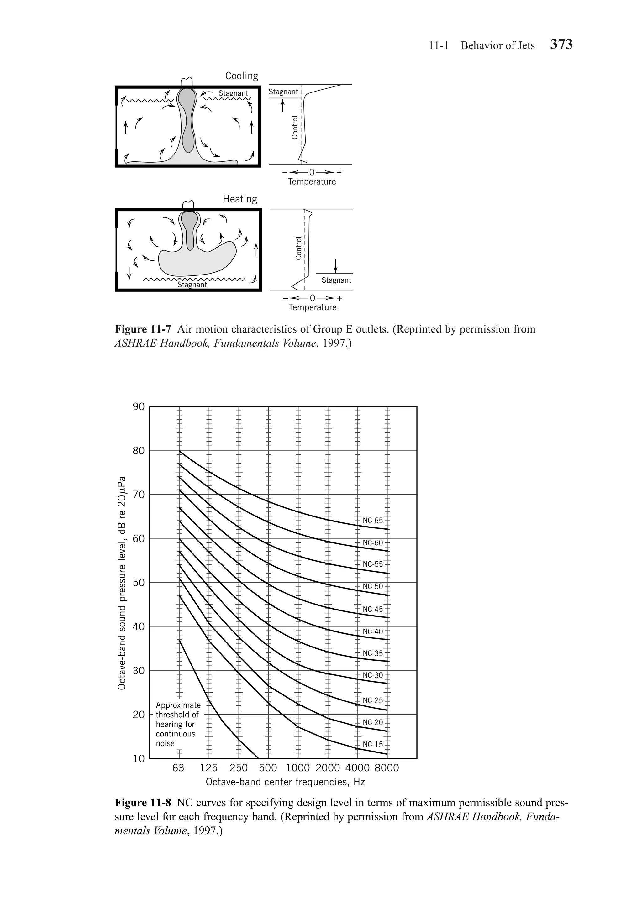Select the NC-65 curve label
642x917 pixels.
(x=372, y=521)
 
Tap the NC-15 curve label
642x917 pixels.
(x=372, y=744)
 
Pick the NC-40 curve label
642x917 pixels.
(x=372, y=631)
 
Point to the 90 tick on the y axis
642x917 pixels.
(x=139, y=406)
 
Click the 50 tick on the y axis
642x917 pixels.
(x=139, y=582)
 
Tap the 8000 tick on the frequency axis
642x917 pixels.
(x=387, y=768)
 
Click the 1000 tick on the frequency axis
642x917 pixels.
(x=297, y=768)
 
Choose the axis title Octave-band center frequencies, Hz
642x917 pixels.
(x=285, y=782)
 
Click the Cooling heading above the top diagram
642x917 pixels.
(x=242, y=76)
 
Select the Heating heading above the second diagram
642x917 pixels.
(x=240, y=199)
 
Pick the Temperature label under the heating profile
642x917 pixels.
(x=313, y=307)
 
